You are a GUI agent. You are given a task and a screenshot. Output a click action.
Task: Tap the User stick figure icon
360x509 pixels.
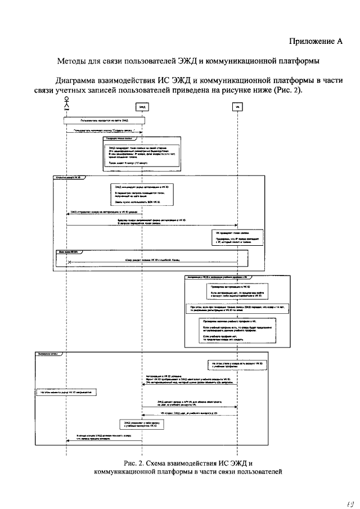point(67,102)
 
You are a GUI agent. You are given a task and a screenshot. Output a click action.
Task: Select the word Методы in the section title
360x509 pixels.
point(74,60)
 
